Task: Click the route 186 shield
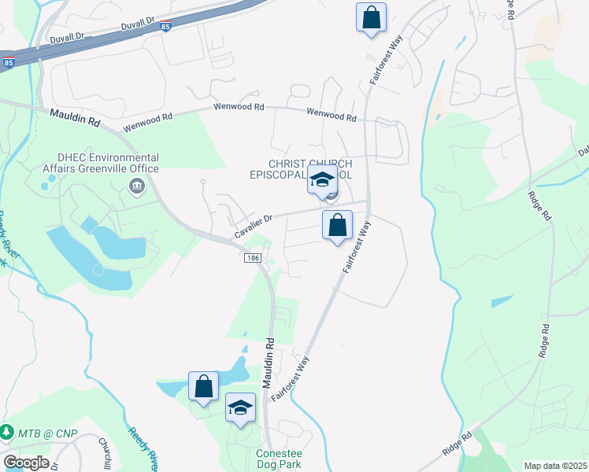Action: click(x=253, y=259)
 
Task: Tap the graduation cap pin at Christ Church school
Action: click(x=321, y=180)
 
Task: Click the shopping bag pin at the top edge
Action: click(x=371, y=17)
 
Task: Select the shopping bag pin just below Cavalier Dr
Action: click(x=337, y=226)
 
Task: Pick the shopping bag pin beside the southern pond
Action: click(x=204, y=387)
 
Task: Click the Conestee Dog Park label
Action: click(x=279, y=459)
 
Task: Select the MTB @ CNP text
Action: click(x=41, y=432)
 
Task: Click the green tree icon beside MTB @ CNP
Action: click(x=7, y=432)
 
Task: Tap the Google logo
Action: click(x=26, y=462)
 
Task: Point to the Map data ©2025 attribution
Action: click(x=555, y=466)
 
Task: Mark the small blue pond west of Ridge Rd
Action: click(x=502, y=301)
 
